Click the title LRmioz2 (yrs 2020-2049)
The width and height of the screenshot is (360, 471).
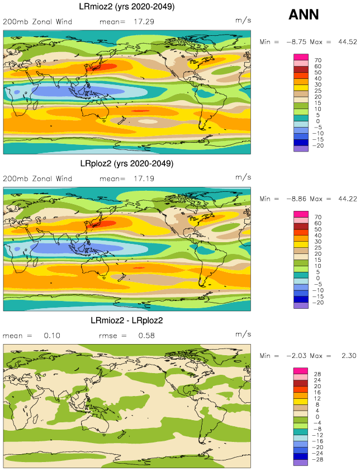click(x=125, y=7)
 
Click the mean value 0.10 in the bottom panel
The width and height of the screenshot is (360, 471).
click(x=51, y=336)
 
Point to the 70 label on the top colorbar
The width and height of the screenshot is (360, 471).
click(x=318, y=60)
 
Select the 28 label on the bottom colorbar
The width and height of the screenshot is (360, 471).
click(x=318, y=374)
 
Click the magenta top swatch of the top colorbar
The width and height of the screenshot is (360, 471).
click(x=301, y=56)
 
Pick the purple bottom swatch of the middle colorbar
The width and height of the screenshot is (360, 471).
click(x=301, y=305)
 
